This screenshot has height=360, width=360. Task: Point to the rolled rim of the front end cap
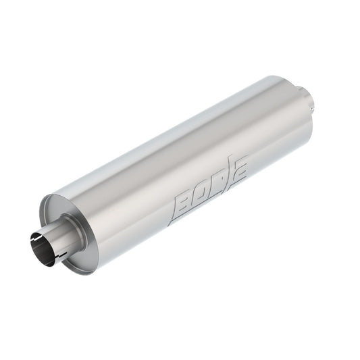[x=43, y=203]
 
